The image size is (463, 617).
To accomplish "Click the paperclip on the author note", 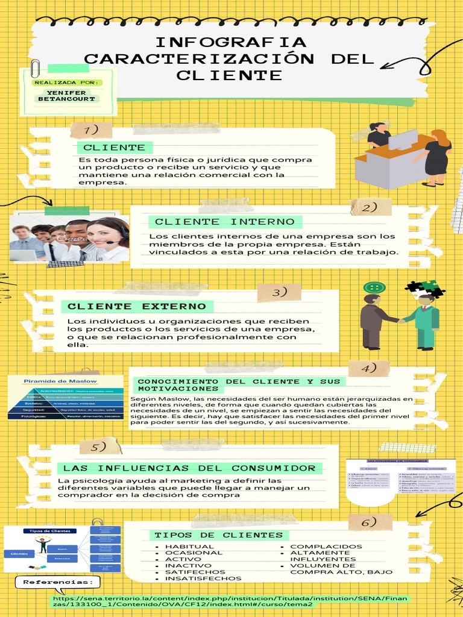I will pos(35,67).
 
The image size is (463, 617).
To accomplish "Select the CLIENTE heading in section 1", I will pos(115,148).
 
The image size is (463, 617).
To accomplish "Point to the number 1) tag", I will pos(91,130).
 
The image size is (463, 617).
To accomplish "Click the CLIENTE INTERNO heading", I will pos(225,222).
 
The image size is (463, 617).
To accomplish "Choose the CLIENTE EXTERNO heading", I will pos(137,307).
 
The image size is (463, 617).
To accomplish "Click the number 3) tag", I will pos(279,293).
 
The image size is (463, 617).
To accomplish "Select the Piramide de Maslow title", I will pos(51,381).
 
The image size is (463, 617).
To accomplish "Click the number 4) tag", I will pos(369,368).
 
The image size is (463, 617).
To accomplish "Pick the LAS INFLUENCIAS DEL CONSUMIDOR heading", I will pos(189,468).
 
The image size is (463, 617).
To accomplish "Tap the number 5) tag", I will pos(99,447).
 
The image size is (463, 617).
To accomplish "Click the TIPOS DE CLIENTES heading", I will pos(218,535).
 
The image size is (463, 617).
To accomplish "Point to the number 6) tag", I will pos(369,522).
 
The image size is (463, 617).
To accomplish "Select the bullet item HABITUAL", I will pos(189,547).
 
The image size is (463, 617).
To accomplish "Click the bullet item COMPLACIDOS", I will pos(326,547).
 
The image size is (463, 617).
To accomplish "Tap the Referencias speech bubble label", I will pos(58,583).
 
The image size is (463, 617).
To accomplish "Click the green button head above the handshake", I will pos(373,287).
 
